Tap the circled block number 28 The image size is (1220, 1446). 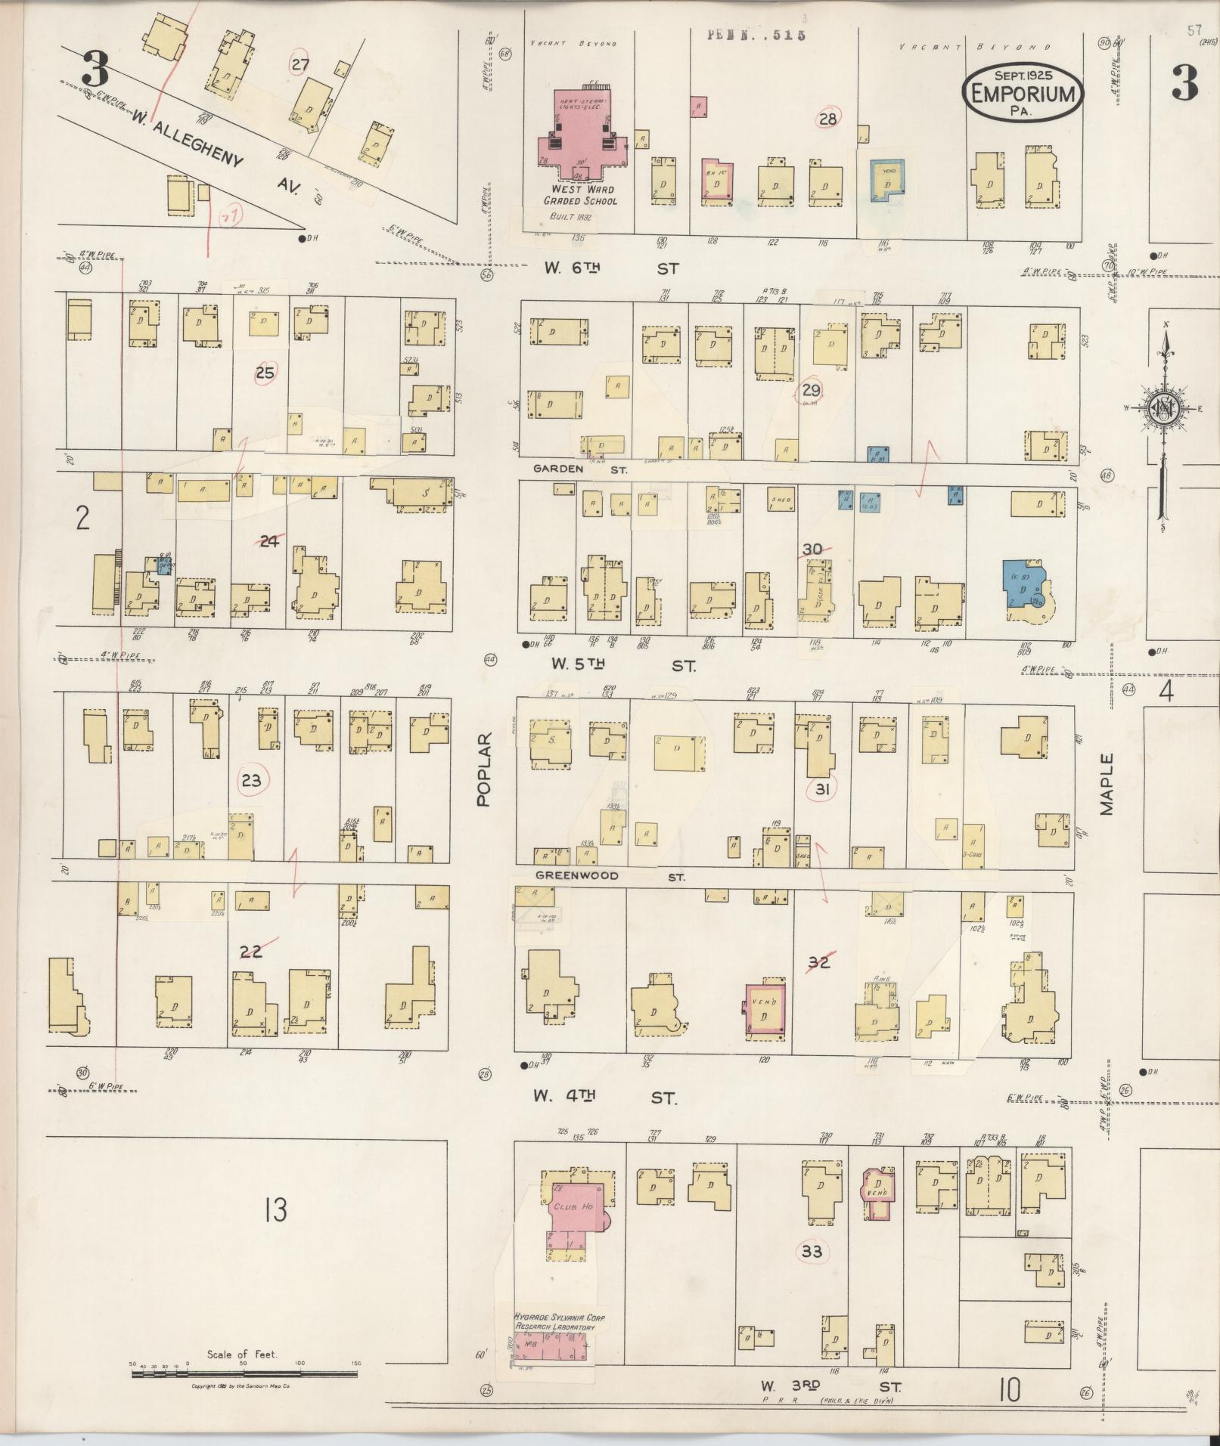pos(828,119)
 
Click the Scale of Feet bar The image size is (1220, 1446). pos(245,1373)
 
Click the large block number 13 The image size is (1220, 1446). pos(275,1210)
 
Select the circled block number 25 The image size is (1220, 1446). pos(265,373)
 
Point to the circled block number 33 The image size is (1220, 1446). pos(812,1251)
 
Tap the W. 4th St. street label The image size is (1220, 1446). pos(605,1097)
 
